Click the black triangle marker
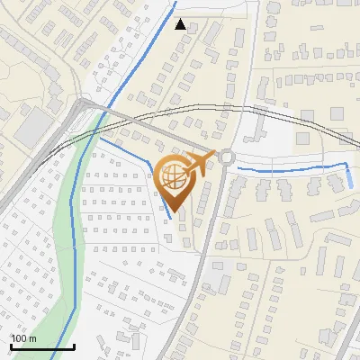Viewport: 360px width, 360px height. coord(181,24)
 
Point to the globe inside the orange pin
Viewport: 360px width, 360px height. coord(175,176)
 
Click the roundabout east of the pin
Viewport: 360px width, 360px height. coord(225,157)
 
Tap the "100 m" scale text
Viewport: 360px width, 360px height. coord(23,338)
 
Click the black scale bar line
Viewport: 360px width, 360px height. coord(41,346)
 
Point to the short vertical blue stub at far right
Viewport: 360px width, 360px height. coord(349,175)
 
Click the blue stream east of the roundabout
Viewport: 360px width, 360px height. coord(288,169)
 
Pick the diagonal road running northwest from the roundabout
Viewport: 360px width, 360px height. coord(153,130)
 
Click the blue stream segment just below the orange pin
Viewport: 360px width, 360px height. coord(168,211)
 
